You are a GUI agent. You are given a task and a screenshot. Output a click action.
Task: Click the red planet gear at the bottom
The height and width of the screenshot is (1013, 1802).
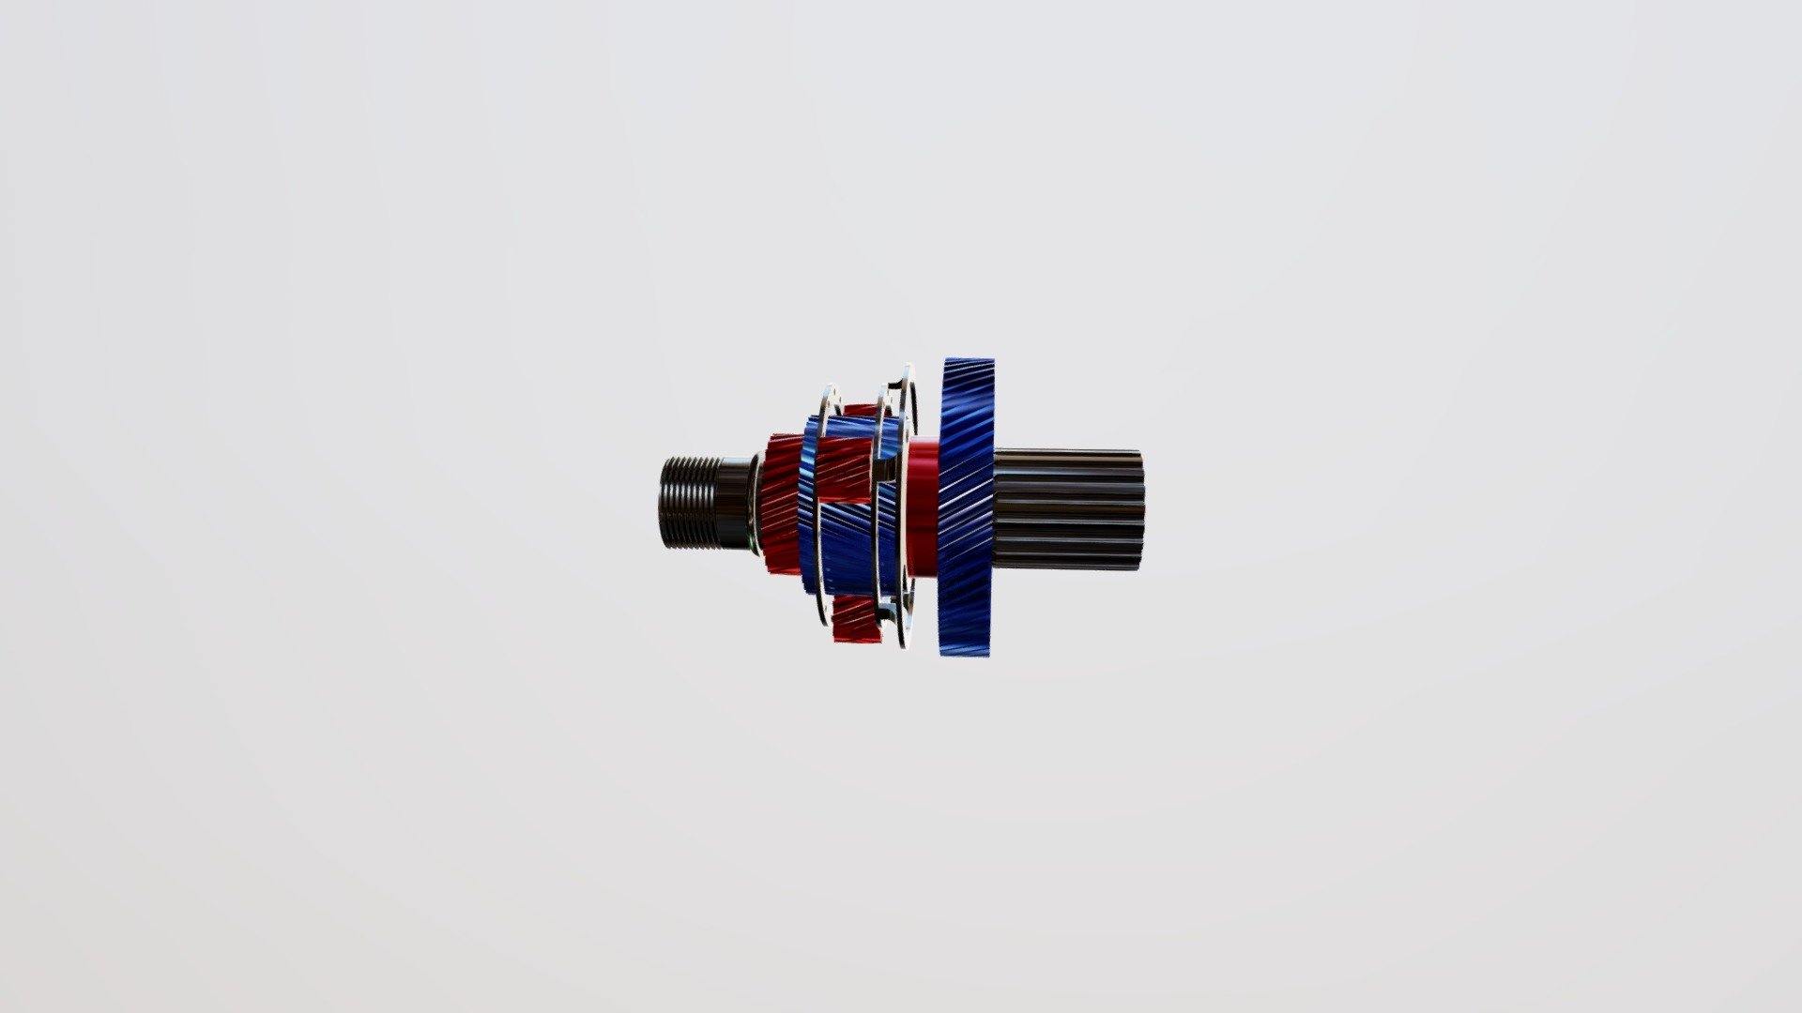tap(855, 619)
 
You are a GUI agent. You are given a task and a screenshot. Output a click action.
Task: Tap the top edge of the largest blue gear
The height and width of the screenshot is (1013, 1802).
tap(968, 362)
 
